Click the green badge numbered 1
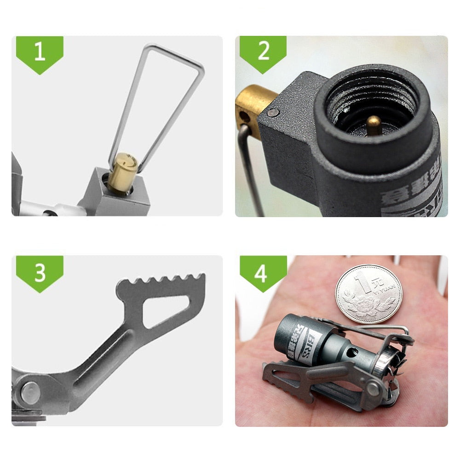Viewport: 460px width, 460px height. click(x=40, y=52)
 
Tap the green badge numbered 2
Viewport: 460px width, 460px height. click(x=263, y=52)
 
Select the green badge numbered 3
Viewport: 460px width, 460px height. click(x=40, y=272)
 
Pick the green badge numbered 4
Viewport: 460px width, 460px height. click(x=261, y=272)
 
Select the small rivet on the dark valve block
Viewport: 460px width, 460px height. click(x=274, y=112)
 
